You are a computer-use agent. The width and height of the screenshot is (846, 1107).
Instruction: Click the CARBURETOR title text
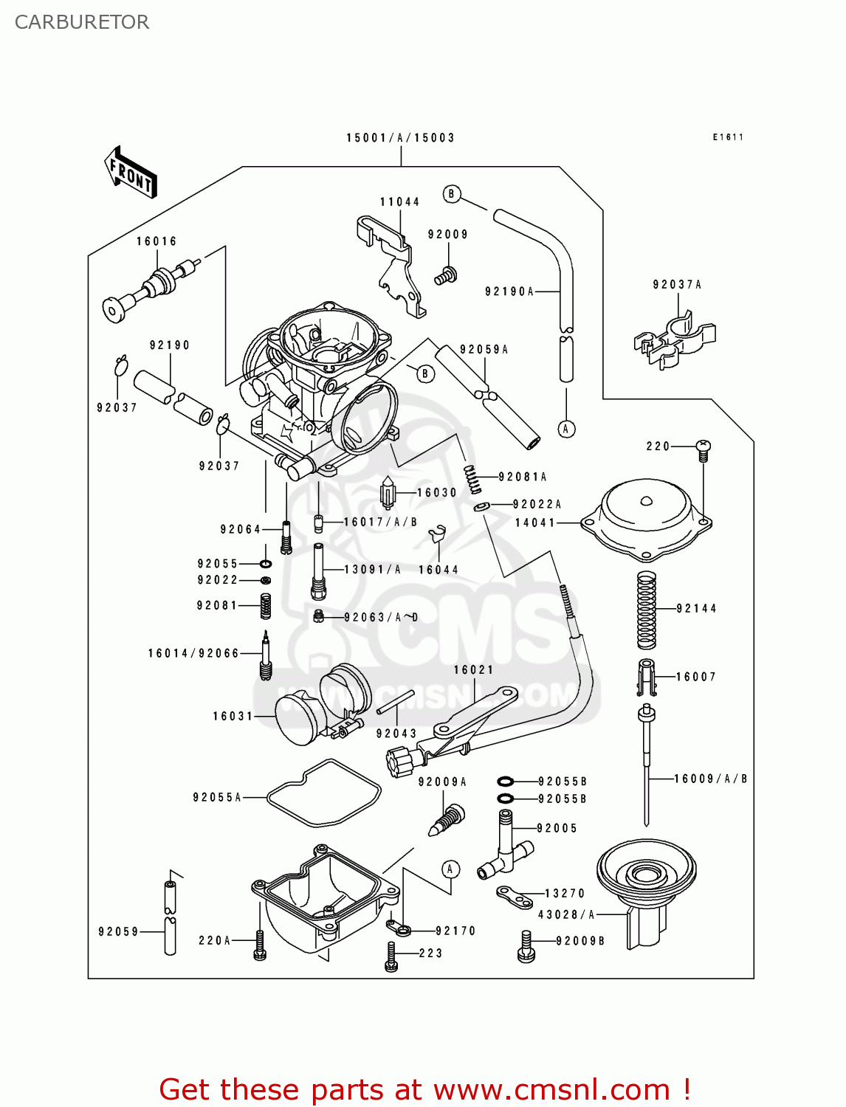pos(82,22)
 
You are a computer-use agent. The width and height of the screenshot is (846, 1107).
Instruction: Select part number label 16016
pos(157,241)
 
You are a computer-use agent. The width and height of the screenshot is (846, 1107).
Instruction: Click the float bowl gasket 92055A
pos(323,793)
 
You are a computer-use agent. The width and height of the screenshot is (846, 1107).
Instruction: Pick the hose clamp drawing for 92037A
pos(673,338)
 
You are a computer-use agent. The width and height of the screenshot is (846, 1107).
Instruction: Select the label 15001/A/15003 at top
pos(400,138)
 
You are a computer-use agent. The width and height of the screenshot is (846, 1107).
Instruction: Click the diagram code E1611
pos(728,137)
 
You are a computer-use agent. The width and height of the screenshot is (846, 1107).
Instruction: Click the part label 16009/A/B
pos(710,779)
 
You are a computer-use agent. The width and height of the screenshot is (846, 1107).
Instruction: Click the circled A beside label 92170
pos(450,869)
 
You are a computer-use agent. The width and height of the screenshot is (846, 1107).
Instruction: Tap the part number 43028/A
pos(566,914)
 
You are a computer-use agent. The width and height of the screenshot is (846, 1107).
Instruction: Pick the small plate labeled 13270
pos(515,897)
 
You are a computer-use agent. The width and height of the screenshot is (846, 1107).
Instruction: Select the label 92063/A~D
pos(381,617)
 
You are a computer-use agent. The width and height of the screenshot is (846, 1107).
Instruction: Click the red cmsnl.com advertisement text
pos(425,1089)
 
